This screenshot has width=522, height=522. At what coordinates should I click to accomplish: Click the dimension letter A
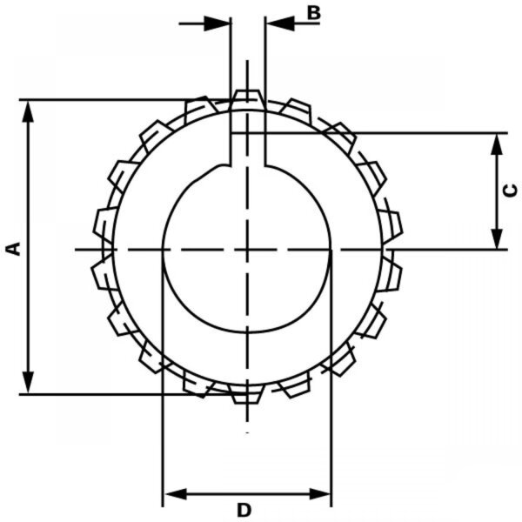point(14,249)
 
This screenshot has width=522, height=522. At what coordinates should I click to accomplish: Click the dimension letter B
point(313,13)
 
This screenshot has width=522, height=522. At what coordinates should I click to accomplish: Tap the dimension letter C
point(510,191)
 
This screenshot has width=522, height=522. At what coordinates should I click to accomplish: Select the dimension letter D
point(244,510)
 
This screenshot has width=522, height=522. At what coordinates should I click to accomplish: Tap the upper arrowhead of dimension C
point(497,144)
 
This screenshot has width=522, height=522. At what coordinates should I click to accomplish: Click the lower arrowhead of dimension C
point(497,238)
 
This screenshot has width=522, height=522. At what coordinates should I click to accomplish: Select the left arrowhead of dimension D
point(176,494)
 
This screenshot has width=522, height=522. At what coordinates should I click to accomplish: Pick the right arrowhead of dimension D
point(320,494)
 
